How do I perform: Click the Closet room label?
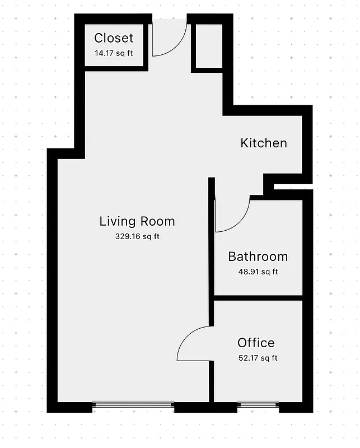coord(114,38)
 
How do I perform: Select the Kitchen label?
coord(263,143)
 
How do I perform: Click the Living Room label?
coord(137,221)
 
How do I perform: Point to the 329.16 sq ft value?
coord(137,236)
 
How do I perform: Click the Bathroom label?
coord(258,257)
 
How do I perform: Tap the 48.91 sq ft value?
coord(258,272)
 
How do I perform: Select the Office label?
coord(256,343)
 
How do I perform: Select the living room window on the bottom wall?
coord(133,404)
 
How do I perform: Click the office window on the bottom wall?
coord(258,404)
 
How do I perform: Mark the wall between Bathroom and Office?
coord(258,297)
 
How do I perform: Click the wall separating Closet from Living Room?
coord(115,68)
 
